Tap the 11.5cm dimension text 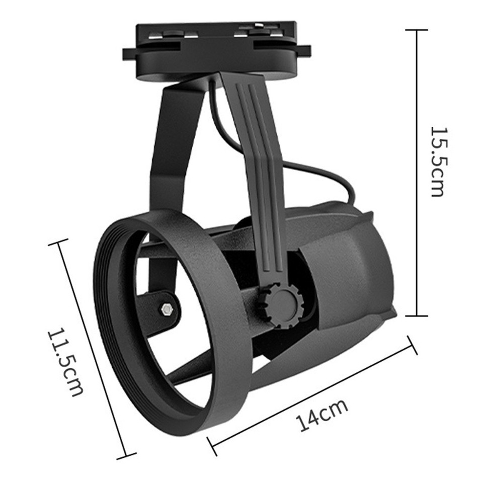(64, 362)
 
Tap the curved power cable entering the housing (322, 171)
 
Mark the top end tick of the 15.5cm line (416, 30)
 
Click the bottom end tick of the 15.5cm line (416, 316)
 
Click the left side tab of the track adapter (130, 52)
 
